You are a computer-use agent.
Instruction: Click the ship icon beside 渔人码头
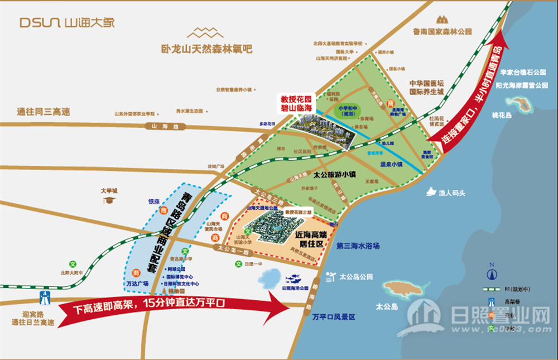tap(431, 192)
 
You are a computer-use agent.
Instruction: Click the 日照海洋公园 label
tap(295, 288)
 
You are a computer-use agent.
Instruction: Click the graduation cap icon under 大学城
tap(109, 199)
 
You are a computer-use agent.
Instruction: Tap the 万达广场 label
tap(137, 284)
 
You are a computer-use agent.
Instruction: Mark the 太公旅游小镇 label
tap(334, 174)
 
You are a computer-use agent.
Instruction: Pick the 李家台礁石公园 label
tap(523, 73)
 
